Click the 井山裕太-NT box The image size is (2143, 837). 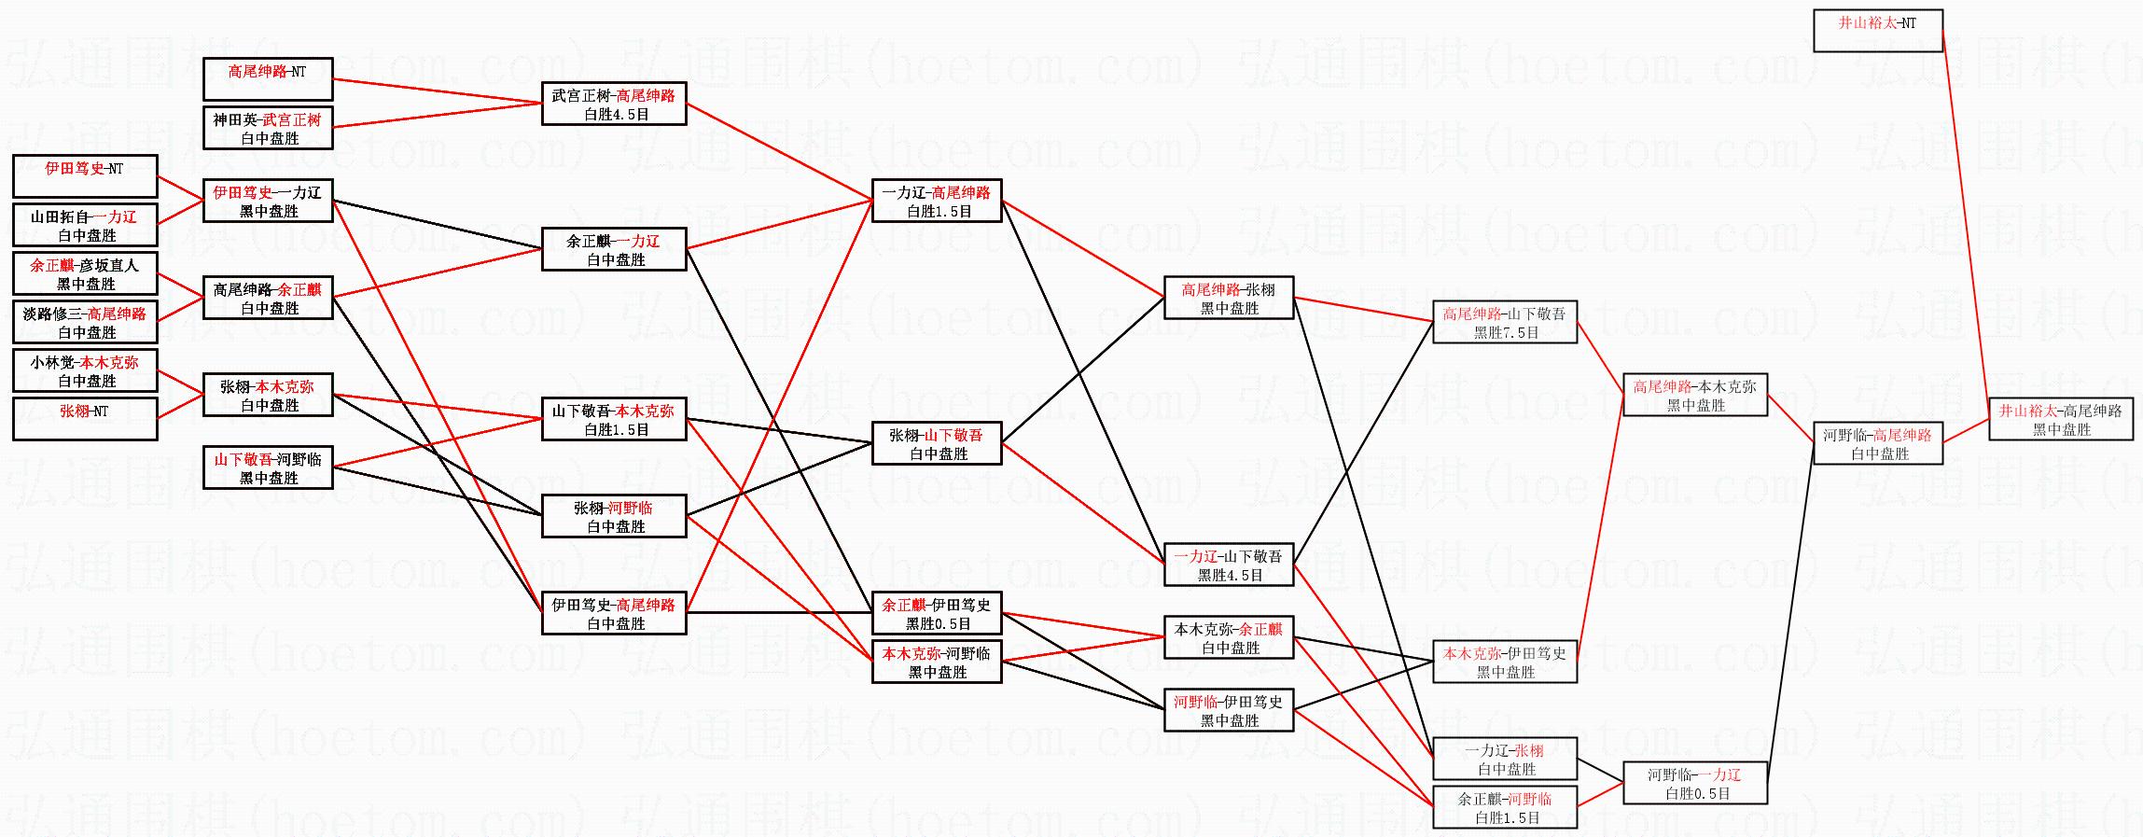point(1877,31)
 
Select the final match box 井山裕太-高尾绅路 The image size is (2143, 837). point(2060,420)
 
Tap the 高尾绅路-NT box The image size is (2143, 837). point(268,79)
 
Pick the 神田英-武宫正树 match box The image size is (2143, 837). point(268,129)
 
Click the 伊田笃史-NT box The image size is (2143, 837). point(85,176)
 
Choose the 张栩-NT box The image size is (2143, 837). point(85,419)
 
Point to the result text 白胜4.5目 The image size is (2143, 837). point(616,115)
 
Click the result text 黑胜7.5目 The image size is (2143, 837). point(1506,333)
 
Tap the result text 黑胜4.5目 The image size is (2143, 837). point(1230,576)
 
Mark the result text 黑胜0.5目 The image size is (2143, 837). point(938,624)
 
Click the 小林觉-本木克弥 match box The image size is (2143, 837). point(85,370)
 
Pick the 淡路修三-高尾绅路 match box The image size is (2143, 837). point(85,322)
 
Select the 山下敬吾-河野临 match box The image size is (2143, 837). point(268,467)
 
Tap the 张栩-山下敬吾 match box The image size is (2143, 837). point(937,443)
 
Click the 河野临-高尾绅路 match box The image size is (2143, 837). point(1877,443)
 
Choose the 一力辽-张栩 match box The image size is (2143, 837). point(1505,759)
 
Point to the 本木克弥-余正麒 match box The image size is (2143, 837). point(1229,637)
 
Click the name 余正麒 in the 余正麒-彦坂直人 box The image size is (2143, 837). point(51,266)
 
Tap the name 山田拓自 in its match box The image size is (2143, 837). point(60,217)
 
